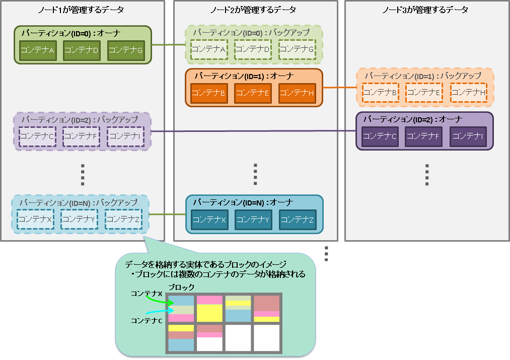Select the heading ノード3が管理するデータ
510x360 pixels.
click(x=426, y=10)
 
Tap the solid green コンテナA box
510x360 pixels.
click(x=37, y=50)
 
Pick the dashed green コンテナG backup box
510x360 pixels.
click(x=297, y=49)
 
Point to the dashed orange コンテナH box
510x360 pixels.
click(x=469, y=92)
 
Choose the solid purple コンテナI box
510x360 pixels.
click(x=469, y=136)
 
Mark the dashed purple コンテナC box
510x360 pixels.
click(x=37, y=136)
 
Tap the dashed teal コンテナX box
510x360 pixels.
click(x=35, y=219)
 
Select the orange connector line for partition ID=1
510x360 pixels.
click(x=339, y=88)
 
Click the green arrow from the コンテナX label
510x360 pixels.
click(x=160, y=301)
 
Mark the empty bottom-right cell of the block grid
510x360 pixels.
click(x=266, y=338)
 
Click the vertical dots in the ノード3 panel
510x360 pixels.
click(x=426, y=175)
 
